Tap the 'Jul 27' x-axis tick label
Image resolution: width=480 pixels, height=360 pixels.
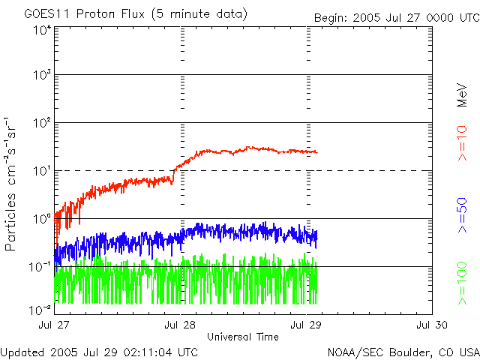tap(54, 325)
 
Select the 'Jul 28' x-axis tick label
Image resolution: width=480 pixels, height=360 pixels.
tap(180, 325)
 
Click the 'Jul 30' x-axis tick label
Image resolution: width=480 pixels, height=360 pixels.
tap(432, 325)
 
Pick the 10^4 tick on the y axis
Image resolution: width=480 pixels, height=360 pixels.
tap(40, 29)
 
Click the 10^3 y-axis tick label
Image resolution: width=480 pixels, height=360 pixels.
tap(40, 76)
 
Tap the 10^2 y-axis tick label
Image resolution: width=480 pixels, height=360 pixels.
tap(40, 124)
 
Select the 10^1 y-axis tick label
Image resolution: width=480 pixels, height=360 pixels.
tap(40, 172)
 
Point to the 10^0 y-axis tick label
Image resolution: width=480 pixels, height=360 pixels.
tap(40, 220)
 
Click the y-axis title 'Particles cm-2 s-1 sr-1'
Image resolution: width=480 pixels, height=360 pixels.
tap(12, 183)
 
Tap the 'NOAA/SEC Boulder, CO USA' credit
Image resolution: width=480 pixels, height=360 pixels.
tap(403, 352)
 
